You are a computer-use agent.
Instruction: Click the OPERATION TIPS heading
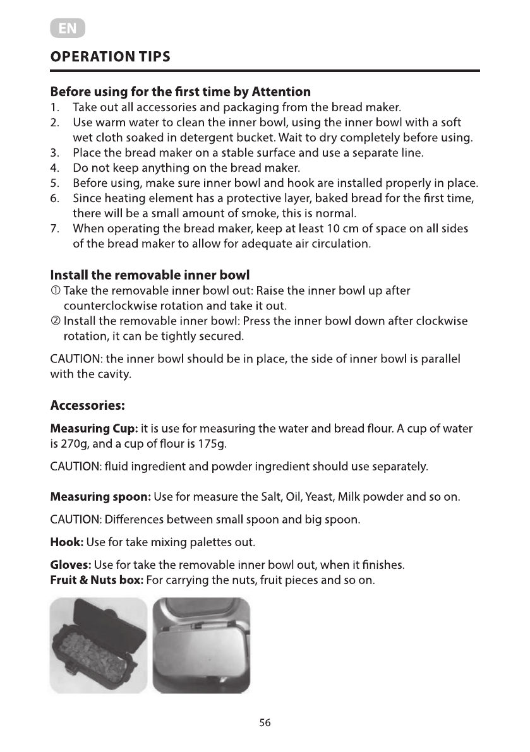[x=110, y=57]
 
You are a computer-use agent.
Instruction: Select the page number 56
[x=265, y=723]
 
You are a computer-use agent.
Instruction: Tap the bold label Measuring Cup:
[x=94, y=429]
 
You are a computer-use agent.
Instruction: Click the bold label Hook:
[x=66, y=542]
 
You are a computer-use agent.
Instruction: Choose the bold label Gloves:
[x=71, y=564]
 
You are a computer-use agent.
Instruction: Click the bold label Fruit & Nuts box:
[x=97, y=580]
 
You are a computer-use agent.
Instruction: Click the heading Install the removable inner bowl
[x=150, y=275]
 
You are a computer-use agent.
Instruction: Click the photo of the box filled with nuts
[x=99, y=645]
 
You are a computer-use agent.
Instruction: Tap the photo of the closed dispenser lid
[x=202, y=645]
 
